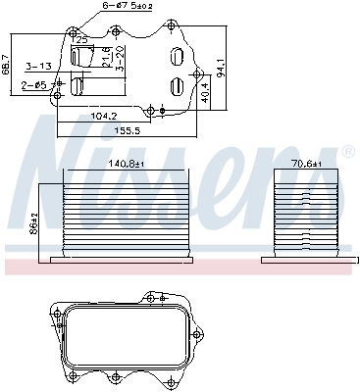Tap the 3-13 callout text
click(x=38, y=66)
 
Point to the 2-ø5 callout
click(x=34, y=86)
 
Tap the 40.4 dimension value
click(x=205, y=94)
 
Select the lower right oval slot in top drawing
click(x=176, y=87)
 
